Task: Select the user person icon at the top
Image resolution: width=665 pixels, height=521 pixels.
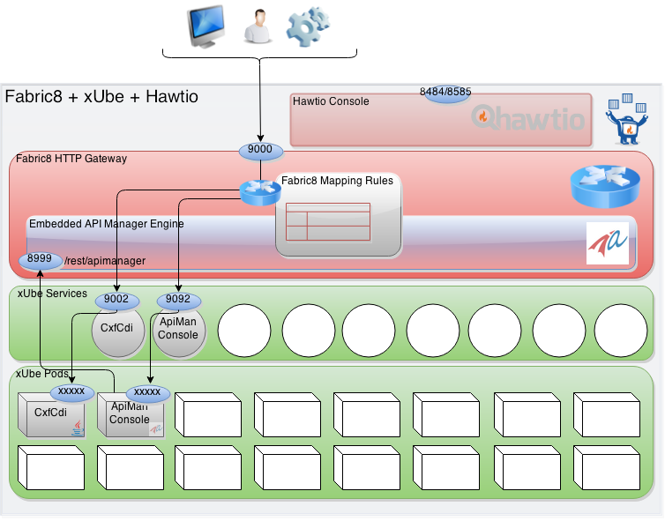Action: coord(256,26)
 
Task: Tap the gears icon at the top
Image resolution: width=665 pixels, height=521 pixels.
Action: coord(308,26)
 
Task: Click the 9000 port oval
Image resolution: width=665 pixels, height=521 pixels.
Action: coord(260,150)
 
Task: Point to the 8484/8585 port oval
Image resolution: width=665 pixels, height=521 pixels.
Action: coord(447,92)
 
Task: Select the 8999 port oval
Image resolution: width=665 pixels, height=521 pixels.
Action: coord(40,260)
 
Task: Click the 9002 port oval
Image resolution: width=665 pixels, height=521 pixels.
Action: coord(116,300)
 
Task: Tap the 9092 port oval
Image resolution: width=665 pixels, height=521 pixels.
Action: coord(179,300)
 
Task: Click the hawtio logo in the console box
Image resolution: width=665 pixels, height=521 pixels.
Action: coord(529,117)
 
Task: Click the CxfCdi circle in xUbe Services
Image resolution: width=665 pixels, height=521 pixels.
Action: coord(117,331)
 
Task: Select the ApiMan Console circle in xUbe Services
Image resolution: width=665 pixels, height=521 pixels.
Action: coord(178,331)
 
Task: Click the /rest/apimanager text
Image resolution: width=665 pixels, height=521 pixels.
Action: coord(105,261)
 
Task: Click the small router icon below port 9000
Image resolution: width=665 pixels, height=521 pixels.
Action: coord(260,191)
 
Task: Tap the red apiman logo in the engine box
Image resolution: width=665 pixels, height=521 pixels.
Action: coord(608,243)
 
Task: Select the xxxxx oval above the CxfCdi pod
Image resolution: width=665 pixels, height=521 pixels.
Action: coord(71,391)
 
